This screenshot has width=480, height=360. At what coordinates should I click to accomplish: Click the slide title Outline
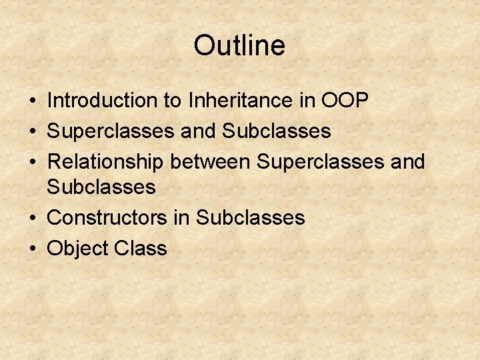coord(239,45)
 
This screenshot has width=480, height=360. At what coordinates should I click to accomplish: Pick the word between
coord(212,162)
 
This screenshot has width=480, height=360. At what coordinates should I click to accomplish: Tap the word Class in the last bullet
coord(141,249)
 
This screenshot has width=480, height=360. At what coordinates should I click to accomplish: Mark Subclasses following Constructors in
coord(251,218)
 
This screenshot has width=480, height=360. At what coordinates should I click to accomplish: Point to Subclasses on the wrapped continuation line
coord(101,187)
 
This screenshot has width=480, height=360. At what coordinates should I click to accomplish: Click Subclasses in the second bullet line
coord(277,131)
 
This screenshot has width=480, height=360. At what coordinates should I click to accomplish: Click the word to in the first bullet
coord(171,101)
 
